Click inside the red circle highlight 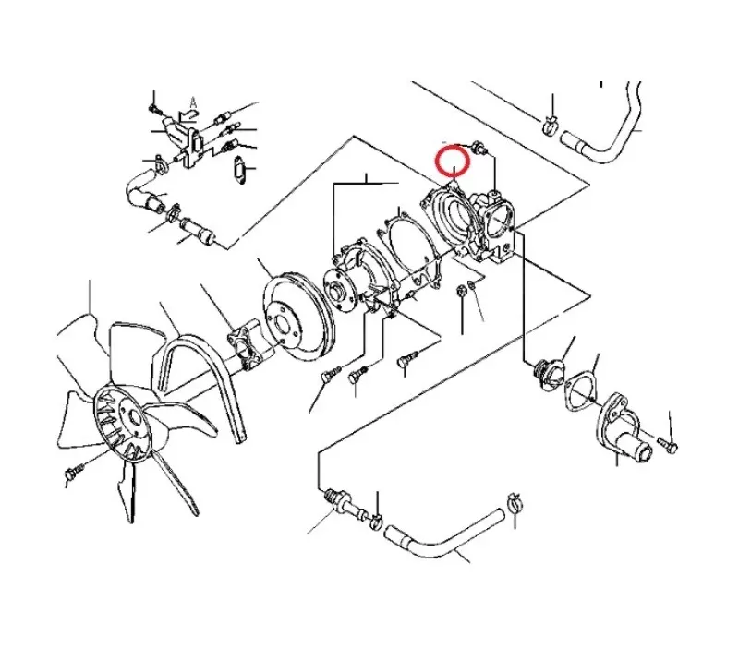[453, 161]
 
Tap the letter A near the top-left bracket [193, 102]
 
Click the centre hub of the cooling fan [132, 417]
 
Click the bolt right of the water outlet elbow [667, 443]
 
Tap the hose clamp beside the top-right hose [550, 125]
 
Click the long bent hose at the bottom [443, 534]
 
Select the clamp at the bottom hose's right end [515, 503]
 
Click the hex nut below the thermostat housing [461, 292]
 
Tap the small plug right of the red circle [479, 148]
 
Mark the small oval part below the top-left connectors [240, 169]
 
